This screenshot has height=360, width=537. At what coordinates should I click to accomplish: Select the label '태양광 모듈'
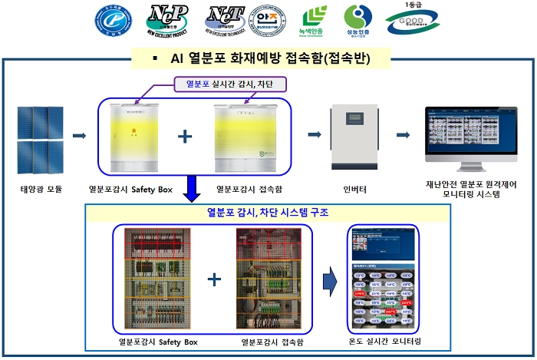click(x=41, y=188)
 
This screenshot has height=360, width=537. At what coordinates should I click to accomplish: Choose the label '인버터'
click(x=354, y=188)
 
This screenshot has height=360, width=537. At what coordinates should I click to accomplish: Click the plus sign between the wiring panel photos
click(x=214, y=279)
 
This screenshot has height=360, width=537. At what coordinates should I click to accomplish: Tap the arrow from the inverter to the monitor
click(x=402, y=135)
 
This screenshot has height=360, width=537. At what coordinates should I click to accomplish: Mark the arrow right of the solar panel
click(x=79, y=136)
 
